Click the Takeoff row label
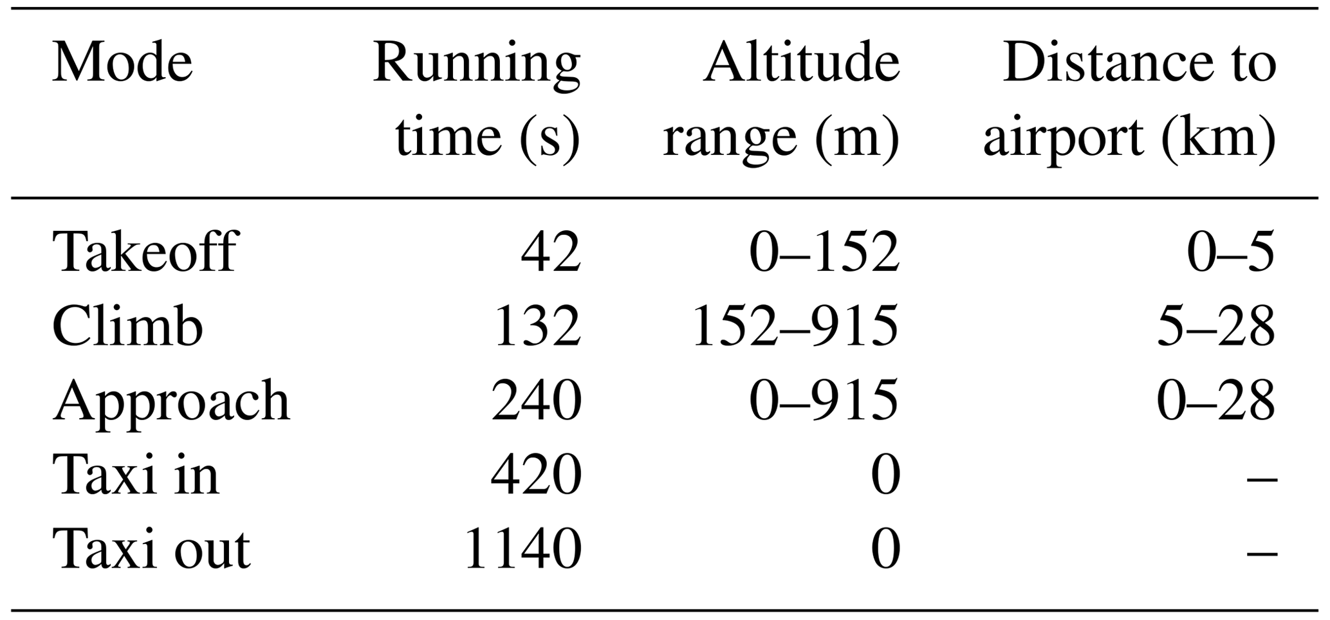coord(145,251)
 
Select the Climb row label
coord(127,325)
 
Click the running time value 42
coord(551,252)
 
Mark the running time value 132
coord(537,326)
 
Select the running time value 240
coord(537,400)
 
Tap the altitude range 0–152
coord(824,252)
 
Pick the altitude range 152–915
coord(795,326)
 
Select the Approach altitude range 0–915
coord(824,400)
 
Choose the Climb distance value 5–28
coord(1216,326)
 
